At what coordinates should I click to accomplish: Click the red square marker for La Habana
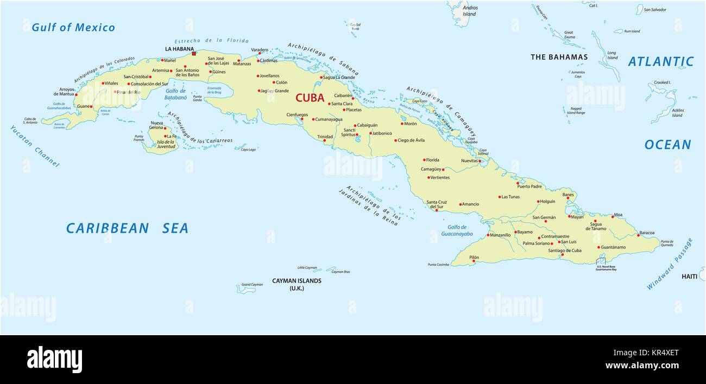click(x=194, y=53)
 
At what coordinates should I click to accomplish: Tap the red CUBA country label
click(x=310, y=98)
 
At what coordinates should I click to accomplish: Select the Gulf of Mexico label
click(x=73, y=28)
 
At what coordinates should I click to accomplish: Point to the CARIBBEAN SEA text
click(x=127, y=228)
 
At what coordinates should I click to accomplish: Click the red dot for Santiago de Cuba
click(x=563, y=255)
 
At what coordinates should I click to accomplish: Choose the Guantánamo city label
click(x=613, y=247)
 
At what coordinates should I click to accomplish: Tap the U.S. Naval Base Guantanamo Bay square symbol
click(x=600, y=261)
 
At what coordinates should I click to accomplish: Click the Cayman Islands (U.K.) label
click(x=297, y=284)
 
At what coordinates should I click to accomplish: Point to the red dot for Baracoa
click(x=638, y=235)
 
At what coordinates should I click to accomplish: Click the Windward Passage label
click(x=669, y=264)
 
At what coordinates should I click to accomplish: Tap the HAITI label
click(x=689, y=277)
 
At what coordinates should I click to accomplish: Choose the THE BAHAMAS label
click(x=559, y=57)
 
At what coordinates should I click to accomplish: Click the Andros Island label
click(x=469, y=11)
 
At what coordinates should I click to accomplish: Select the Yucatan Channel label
click(x=34, y=146)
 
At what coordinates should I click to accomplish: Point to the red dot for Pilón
click(x=474, y=261)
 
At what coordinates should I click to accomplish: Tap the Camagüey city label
click(x=431, y=169)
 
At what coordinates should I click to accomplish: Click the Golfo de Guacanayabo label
click(x=457, y=231)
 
